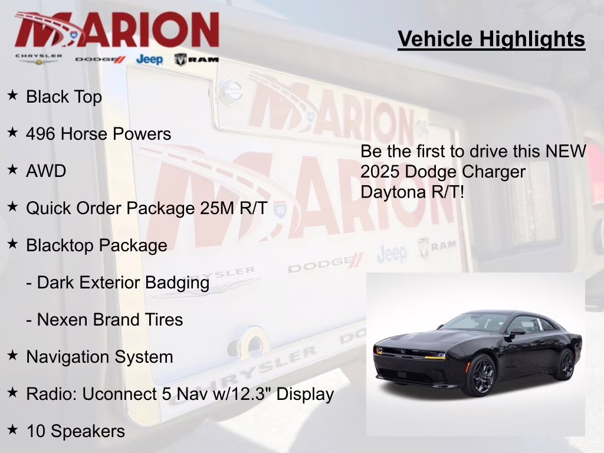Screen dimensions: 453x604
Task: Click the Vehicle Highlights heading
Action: pyautogui.click(x=491, y=39)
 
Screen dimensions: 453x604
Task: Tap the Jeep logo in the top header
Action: pyautogui.click(x=149, y=59)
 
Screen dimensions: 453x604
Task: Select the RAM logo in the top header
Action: pyautogui.click(x=196, y=59)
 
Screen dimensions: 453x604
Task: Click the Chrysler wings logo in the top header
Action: pyautogui.click(x=38, y=59)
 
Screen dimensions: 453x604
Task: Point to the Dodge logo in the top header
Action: pyautogui.click(x=100, y=59)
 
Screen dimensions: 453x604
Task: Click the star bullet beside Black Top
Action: pyautogui.click(x=12, y=95)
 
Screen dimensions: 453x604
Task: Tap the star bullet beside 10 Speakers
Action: pyautogui.click(x=12, y=429)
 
